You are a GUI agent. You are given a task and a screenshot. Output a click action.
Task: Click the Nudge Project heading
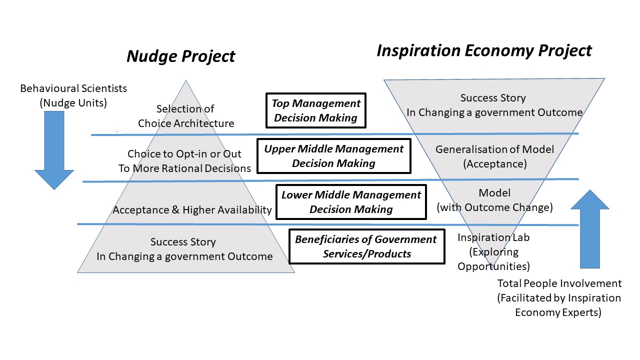[x=181, y=56]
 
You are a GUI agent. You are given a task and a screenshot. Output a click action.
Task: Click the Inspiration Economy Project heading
[x=484, y=50]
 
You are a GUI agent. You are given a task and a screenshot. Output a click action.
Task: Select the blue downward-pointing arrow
[x=54, y=150]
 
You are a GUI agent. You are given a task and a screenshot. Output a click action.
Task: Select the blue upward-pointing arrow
[x=589, y=229]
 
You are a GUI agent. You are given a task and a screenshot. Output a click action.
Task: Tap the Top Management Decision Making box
[x=315, y=110]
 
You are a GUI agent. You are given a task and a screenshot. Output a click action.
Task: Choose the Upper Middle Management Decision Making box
[x=333, y=156]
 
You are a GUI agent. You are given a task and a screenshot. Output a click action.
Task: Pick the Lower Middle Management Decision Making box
[x=351, y=202]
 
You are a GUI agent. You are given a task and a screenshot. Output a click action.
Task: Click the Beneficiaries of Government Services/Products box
[x=367, y=246]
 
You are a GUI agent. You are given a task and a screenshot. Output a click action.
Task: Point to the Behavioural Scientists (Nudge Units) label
[x=73, y=95]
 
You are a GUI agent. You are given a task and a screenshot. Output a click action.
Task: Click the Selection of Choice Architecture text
[x=185, y=116]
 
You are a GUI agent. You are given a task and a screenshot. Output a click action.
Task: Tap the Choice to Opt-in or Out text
[x=184, y=153]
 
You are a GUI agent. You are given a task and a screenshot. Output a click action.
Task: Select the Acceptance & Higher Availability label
[x=192, y=209]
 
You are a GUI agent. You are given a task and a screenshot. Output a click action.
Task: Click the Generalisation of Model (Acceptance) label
[x=494, y=156]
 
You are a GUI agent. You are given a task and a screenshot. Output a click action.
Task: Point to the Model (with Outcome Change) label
[x=494, y=200]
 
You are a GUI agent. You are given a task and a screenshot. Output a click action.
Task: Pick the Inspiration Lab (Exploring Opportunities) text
[x=493, y=251]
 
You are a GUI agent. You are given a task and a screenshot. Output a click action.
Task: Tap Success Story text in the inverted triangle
[x=493, y=97]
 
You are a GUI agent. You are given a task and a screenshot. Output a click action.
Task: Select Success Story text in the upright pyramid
[x=183, y=241]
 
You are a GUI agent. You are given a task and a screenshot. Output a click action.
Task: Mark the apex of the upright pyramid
[x=185, y=80]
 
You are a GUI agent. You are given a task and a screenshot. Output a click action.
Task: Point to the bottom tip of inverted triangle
[x=493, y=266]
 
